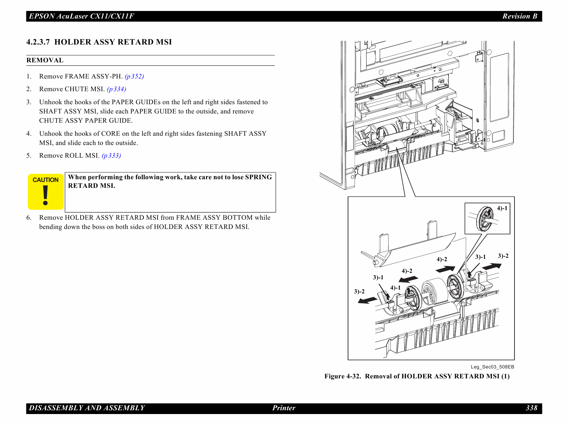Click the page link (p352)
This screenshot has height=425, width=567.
click(134, 76)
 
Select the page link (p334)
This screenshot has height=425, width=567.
click(116, 89)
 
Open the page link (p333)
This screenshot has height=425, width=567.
click(111, 156)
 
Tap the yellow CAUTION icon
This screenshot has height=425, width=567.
click(46, 192)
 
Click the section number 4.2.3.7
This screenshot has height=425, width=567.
click(38, 42)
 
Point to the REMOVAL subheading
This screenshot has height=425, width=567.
click(45, 60)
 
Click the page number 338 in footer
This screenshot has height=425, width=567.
click(531, 408)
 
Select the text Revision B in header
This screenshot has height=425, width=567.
click(520, 16)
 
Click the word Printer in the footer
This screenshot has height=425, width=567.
click(284, 408)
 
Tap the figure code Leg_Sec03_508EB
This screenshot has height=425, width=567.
click(492, 367)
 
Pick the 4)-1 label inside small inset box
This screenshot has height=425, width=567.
click(502, 208)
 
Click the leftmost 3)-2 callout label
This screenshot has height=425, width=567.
click(359, 291)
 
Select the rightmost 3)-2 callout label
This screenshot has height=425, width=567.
click(503, 256)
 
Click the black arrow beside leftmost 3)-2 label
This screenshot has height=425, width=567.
click(367, 301)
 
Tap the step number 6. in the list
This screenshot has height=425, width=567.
click(29, 218)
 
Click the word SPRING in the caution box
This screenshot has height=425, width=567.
click(258, 177)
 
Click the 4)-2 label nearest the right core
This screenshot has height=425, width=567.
click(442, 259)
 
